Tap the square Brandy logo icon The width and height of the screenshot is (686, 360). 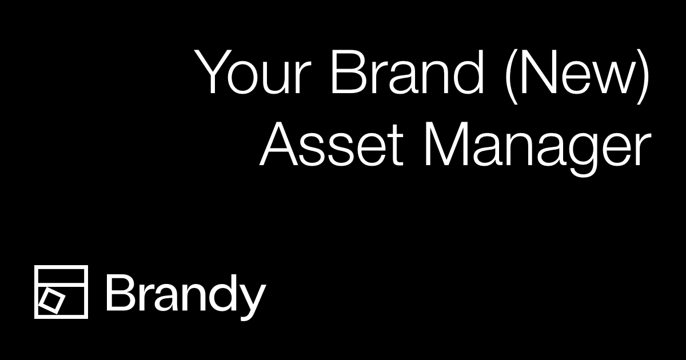[61, 292]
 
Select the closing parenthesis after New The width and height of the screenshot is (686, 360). [644, 74]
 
